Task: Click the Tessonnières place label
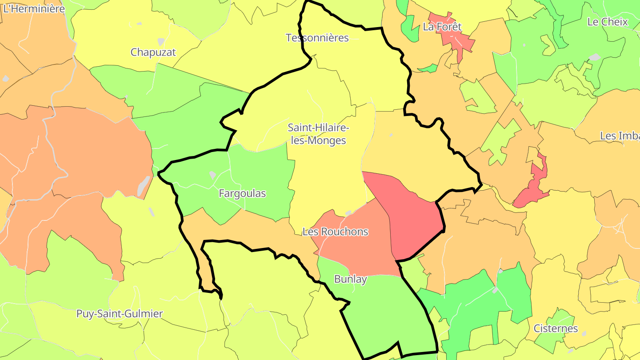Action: (317, 38)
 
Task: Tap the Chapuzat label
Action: (153, 52)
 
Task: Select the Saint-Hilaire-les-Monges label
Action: (317, 134)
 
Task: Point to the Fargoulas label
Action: (242, 194)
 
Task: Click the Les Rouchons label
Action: (335, 232)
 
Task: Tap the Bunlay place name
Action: (350, 279)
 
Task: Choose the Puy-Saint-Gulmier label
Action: (120, 314)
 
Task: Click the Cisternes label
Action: (556, 329)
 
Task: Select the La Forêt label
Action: (442, 27)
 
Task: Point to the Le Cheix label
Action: (607, 22)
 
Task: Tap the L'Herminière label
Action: (34, 8)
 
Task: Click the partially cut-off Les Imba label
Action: (620, 136)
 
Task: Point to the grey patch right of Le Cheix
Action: (594, 57)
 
